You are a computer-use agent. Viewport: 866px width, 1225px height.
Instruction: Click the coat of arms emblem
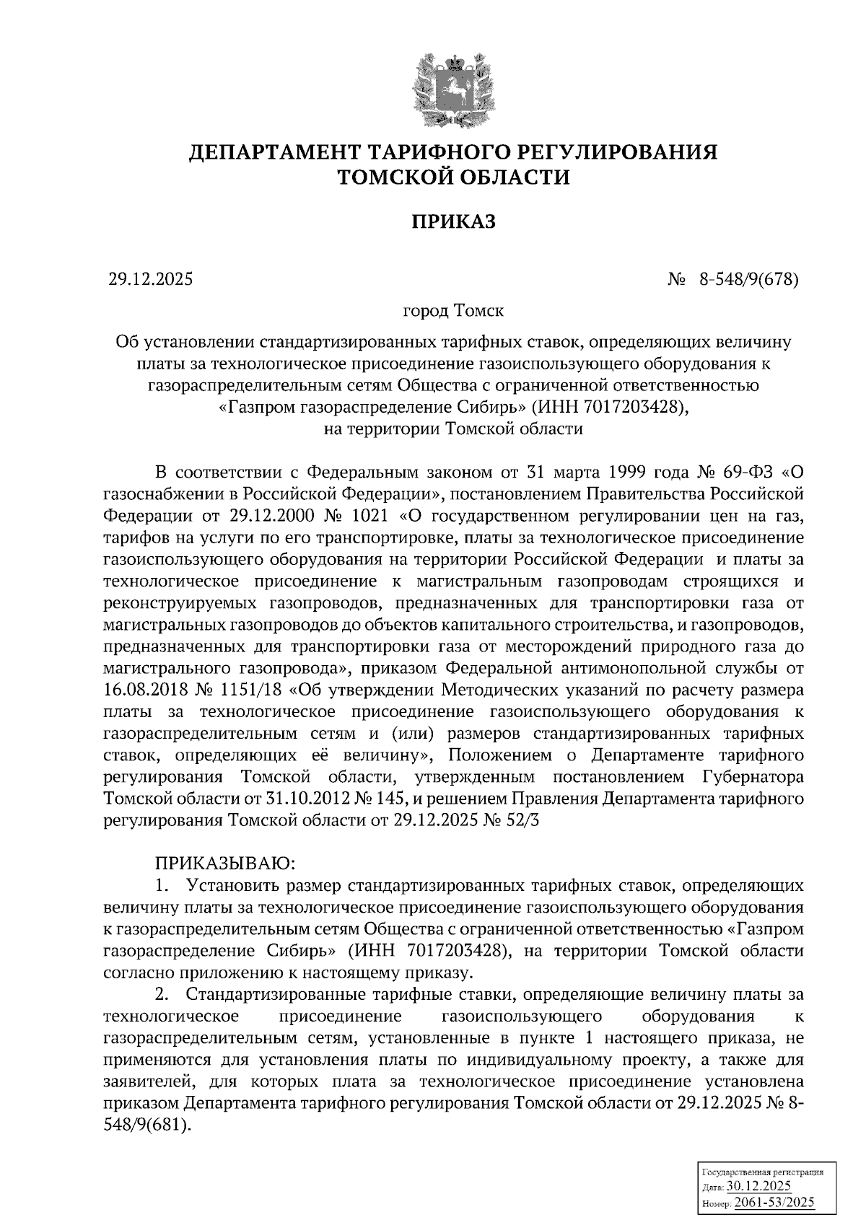click(452, 89)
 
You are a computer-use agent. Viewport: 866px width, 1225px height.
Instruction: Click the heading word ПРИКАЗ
click(454, 223)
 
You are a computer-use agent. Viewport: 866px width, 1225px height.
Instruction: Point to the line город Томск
click(453, 312)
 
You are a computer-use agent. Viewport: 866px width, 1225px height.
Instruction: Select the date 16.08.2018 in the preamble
click(146, 690)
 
